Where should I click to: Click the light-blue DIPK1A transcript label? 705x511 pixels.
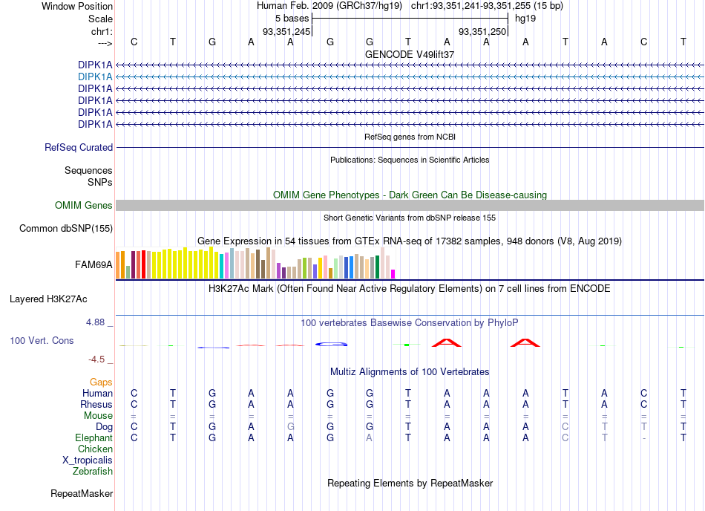95,77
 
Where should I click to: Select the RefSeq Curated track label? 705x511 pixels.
79,148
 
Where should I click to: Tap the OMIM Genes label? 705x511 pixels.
84,206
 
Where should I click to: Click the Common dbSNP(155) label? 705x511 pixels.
66,229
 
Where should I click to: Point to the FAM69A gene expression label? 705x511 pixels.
94,265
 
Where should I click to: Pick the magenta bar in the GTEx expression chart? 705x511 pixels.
393,274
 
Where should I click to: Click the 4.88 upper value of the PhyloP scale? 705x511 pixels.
95,322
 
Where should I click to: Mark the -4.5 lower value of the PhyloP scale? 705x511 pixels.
96,359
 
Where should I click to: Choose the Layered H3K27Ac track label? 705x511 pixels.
48,299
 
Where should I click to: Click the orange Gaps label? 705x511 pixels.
101,382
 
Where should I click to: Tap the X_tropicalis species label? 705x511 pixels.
88,460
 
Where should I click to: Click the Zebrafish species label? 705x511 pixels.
93,472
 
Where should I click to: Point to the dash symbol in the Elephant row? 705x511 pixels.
644,438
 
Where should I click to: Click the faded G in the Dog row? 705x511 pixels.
290,426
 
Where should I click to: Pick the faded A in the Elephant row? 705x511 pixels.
369,437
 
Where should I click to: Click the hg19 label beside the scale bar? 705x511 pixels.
525,19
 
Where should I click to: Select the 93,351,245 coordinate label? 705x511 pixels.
286,31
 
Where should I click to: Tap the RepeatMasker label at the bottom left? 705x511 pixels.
82,493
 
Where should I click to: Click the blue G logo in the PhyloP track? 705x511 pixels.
332,345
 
